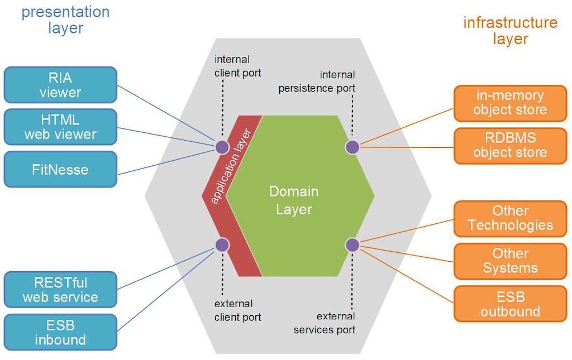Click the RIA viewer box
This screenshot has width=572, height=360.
[x=60, y=85]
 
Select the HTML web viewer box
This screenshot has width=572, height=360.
[x=60, y=127]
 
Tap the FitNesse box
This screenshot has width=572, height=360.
[x=60, y=169]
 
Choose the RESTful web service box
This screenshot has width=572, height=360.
[x=60, y=290]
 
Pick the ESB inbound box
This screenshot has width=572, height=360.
[x=60, y=332]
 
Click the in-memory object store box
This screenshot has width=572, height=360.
[x=510, y=103]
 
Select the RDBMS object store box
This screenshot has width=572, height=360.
[x=510, y=145]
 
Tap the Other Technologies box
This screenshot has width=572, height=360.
[x=510, y=218]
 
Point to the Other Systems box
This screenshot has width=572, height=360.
[x=510, y=261]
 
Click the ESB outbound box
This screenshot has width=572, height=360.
[x=510, y=304]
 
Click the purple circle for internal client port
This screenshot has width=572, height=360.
[x=222, y=147]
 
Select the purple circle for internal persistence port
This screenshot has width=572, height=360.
[x=352, y=147]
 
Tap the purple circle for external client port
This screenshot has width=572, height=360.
[x=222, y=244]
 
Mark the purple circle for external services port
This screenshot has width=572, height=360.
[x=352, y=244]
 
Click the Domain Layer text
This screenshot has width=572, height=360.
[x=294, y=200]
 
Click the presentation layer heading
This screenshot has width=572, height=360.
[x=65, y=20]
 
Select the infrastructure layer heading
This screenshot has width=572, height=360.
[x=510, y=31]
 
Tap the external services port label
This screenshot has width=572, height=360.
[x=325, y=323]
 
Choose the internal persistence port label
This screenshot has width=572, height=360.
[x=317, y=81]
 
